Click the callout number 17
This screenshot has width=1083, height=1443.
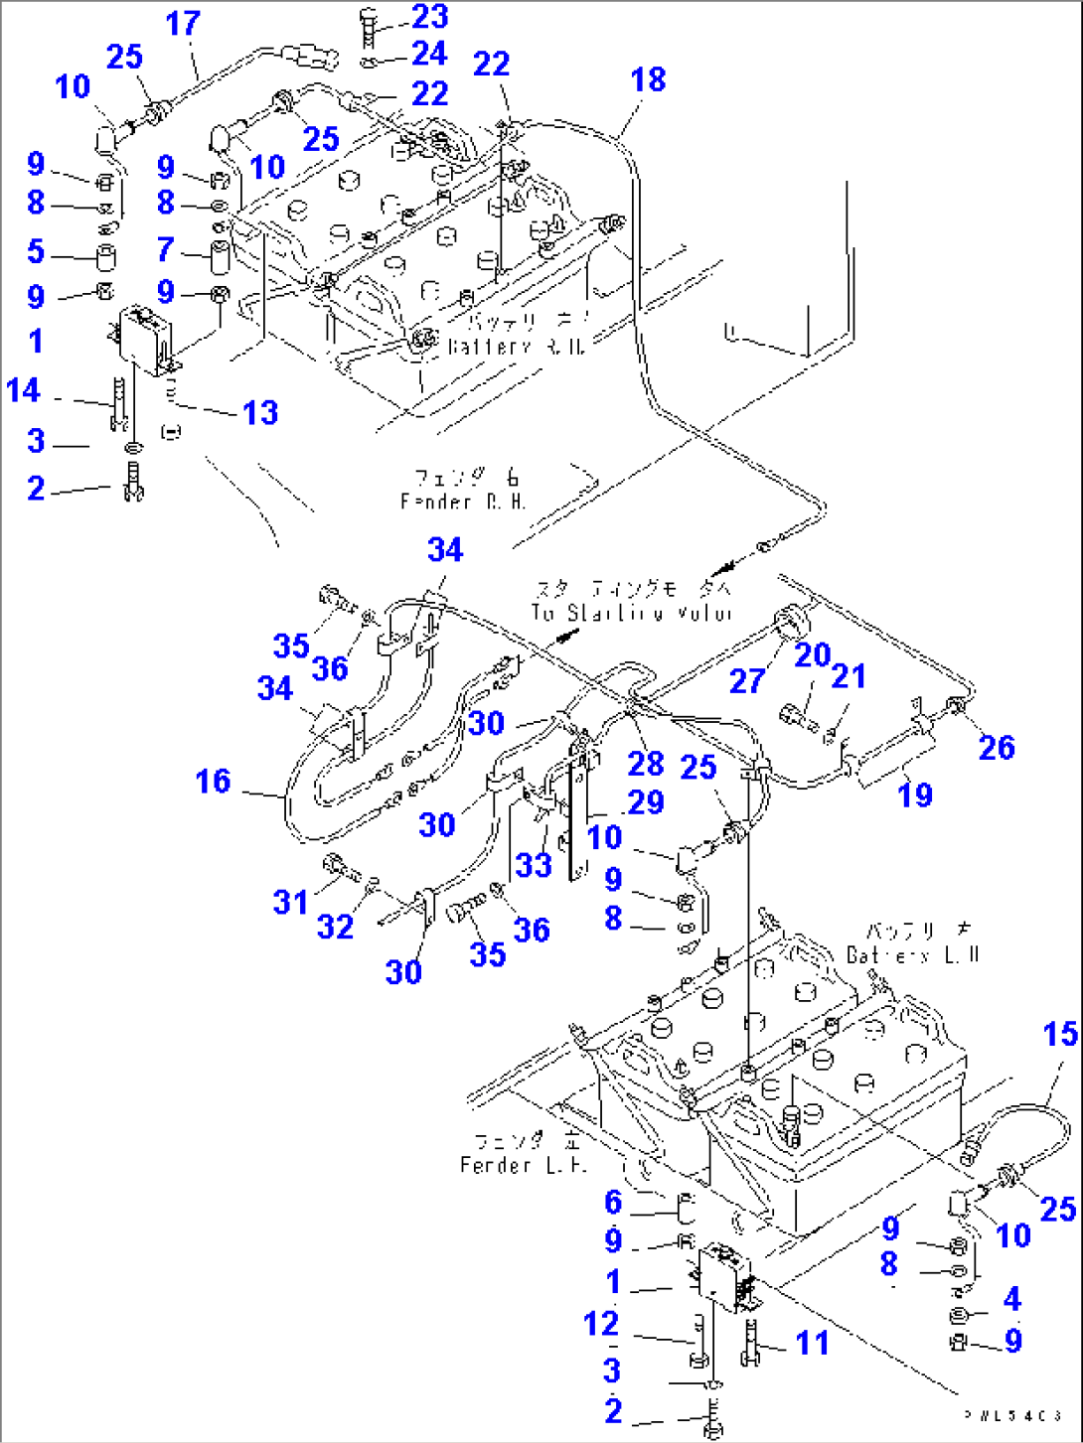click(x=183, y=24)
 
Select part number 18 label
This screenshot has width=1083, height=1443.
click(x=648, y=80)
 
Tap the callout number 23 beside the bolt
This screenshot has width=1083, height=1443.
click(x=430, y=17)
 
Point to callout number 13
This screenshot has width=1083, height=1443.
click(x=260, y=413)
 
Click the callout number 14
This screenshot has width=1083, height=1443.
click(x=23, y=390)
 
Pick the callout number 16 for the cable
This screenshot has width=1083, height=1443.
click(x=213, y=782)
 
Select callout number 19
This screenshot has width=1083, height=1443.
click(x=915, y=794)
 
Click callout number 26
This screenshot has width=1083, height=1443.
click(x=996, y=748)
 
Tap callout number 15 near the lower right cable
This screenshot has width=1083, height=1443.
click(x=1060, y=1035)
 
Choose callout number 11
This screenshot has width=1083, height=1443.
click(x=812, y=1343)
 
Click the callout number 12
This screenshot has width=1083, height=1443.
click(x=601, y=1324)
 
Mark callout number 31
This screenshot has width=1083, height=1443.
click(x=290, y=902)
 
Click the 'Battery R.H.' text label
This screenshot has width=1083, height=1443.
click(x=516, y=347)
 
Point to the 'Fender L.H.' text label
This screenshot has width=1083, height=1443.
click(x=524, y=1164)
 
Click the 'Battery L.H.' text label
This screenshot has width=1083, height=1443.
click(x=913, y=954)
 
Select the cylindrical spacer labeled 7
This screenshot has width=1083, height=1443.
click(x=220, y=256)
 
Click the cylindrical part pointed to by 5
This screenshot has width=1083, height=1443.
click(x=104, y=256)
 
